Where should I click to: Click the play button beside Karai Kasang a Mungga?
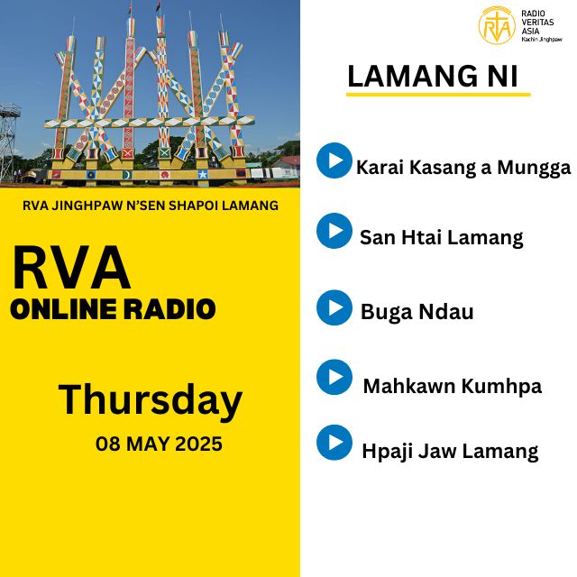coord(334,160)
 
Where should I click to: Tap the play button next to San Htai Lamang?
coord(334,231)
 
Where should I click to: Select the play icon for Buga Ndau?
coord(334,307)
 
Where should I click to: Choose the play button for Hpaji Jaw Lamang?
coord(334,443)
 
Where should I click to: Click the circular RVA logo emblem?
coord(497,25)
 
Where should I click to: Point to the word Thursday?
coord(151,400)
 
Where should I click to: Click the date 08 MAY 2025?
coord(159,444)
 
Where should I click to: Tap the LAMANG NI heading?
coord(433,76)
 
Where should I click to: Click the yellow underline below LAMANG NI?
coord(438,95)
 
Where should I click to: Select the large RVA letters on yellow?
coord(71,268)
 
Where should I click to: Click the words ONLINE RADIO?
coord(113,309)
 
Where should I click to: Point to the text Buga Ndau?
coord(417,312)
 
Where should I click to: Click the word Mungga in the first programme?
coord(534,169)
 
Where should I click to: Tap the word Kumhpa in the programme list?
coord(501,387)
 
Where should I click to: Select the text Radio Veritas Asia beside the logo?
coord(537,23)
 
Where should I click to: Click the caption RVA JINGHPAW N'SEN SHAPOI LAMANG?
coord(151,206)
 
